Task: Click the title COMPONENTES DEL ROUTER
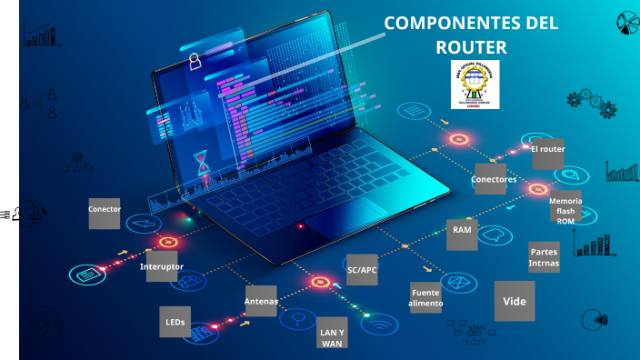point(470,35)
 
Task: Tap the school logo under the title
point(475,85)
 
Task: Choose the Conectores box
point(491,179)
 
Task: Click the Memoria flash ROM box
point(565,209)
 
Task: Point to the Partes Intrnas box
point(544,257)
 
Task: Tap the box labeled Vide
point(515,300)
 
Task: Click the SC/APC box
point(362,270)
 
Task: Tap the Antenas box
point(261,301)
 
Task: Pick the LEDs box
point(175,322)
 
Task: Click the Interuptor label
point(162,266)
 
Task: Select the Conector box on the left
point(105,212)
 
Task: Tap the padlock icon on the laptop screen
point(194,61)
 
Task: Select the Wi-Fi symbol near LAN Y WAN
point(376,323)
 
